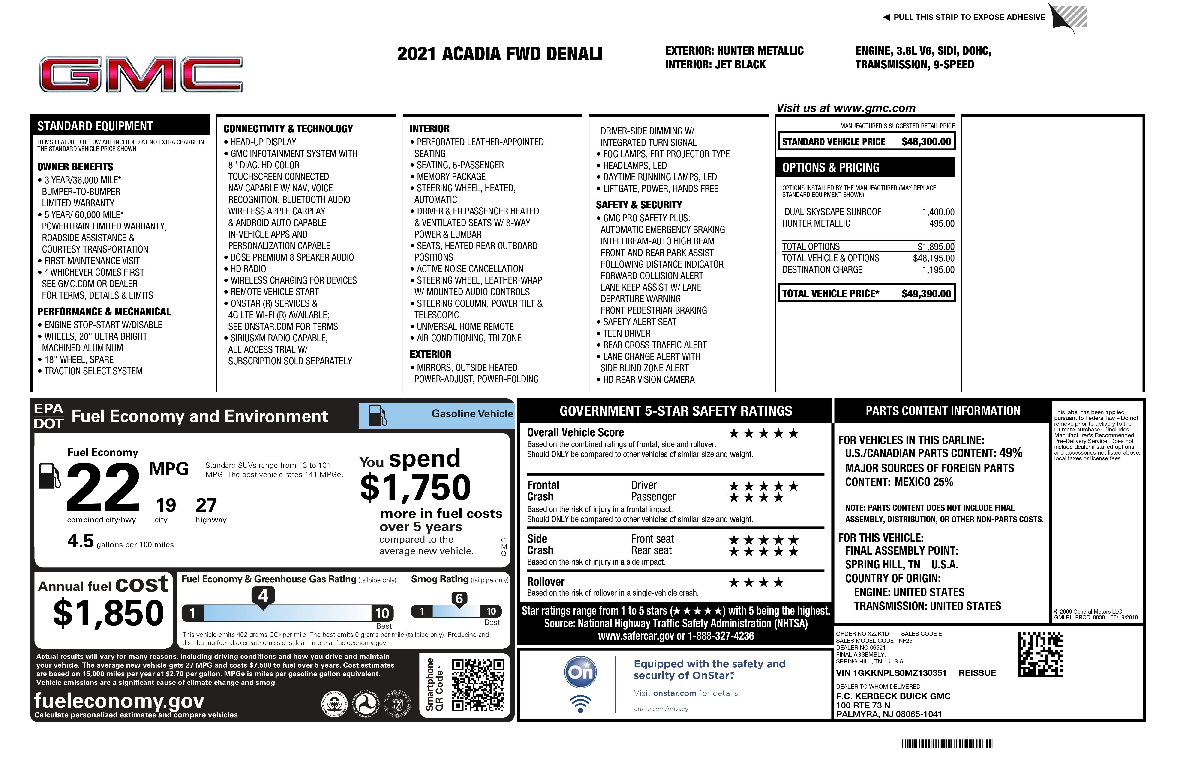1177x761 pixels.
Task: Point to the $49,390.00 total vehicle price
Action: (x=926, y=294)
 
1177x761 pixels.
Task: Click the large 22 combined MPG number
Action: (x=103, y=488)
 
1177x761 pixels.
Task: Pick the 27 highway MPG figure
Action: (x=206, y=505)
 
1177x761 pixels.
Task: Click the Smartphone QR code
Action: (x=478, y=685)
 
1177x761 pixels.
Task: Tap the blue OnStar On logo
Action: (x=581, y=672)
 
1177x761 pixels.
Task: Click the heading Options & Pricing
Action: (x=831, y=167)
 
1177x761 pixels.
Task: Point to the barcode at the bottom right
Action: (x=947, y=744)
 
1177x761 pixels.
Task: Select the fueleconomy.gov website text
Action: (x=119, y=701)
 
